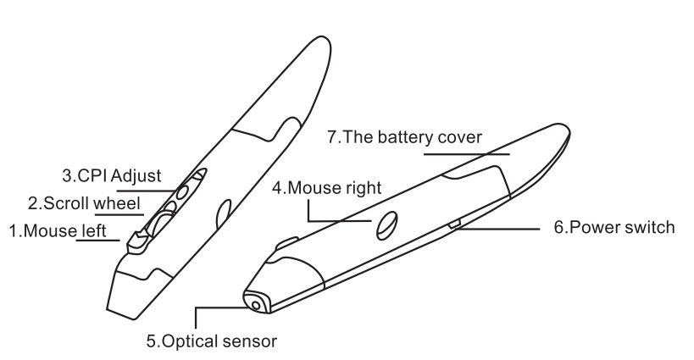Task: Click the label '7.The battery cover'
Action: tap(404, 137)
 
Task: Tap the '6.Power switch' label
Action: tap(613, 228)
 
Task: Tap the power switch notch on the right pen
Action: tap(455, 224)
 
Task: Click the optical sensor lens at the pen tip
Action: tap(254, 302)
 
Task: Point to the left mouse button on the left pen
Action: tap(136, 243)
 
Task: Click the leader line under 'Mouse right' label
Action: tap(339, 220)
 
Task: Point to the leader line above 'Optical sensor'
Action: tap(197, 318)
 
